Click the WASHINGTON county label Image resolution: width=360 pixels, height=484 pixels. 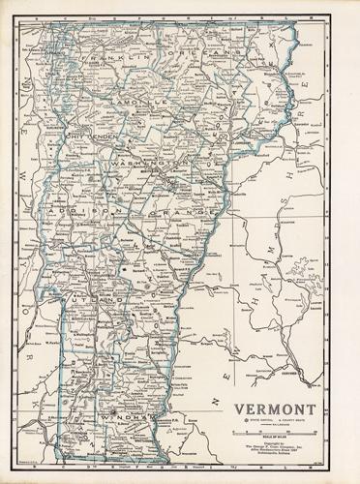(150, 166)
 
